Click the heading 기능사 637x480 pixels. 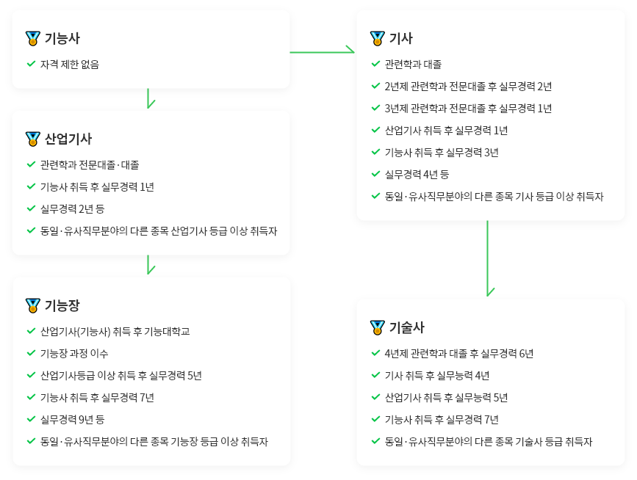click(62, 38)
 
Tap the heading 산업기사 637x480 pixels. click(68, 139)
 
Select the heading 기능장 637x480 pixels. click(62, 305)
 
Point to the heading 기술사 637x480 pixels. click(406, 327)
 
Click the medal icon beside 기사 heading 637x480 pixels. click(378, 38)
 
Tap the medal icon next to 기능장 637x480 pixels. click(33, 305)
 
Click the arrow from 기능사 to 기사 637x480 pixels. click(322, 51)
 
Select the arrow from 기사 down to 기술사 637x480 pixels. click(488, 258)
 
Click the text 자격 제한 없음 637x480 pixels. click(70, 64)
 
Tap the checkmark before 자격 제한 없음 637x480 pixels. click(31, 64)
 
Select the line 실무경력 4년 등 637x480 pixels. click(417, 175)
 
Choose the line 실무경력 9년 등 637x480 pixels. click(72, 420)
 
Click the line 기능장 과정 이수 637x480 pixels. click(74, 354)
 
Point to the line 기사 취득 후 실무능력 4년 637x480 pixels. click(436, 375)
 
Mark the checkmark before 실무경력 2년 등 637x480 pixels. click(31, 208)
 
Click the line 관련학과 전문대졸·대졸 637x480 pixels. click(90, 164)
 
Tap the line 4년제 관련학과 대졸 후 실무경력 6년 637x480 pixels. click(459, 354)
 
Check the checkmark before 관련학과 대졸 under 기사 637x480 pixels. click(375, 64)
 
